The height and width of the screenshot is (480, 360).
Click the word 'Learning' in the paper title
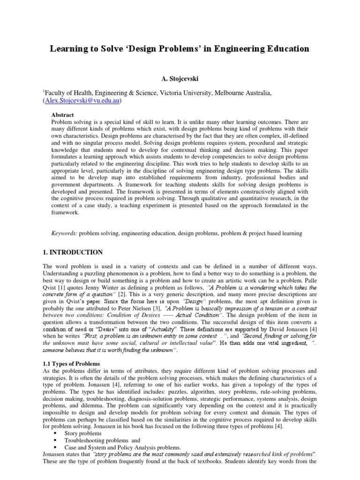[x=70, y=49]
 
